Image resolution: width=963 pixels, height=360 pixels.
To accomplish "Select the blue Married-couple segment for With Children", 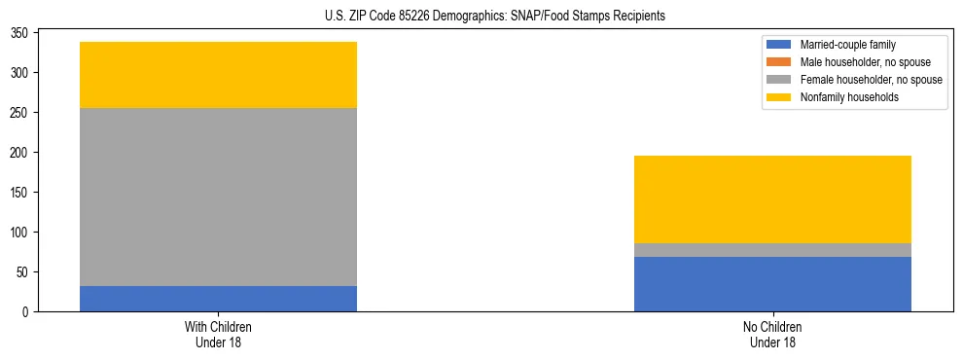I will (218, 299).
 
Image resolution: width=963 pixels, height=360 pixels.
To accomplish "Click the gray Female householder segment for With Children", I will (218, 197).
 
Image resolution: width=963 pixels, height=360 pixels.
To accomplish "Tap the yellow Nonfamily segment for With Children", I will (218, 75).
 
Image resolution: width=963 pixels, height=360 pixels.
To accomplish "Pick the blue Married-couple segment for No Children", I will (772, 284).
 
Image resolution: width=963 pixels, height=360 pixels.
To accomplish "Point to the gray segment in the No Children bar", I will (772, 250).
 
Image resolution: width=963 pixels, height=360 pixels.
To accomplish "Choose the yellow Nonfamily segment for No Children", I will (772, 199).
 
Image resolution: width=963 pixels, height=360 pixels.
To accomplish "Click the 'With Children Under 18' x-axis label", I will (218, 334).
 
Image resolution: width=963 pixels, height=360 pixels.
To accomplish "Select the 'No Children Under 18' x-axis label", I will (772, 334).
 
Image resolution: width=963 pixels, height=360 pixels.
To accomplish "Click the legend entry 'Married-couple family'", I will (847, 45).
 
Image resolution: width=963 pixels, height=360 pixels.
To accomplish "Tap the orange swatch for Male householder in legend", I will (779, 62).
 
